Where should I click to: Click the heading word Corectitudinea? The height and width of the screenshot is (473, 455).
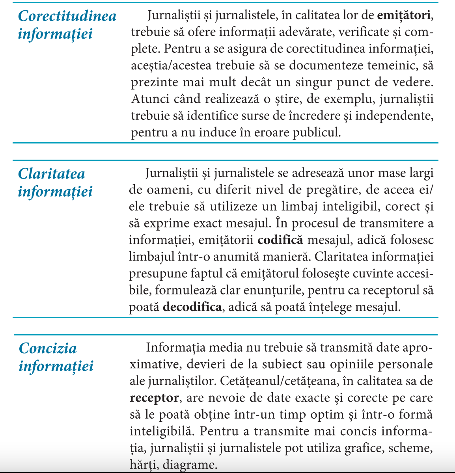click(x=67, y=16)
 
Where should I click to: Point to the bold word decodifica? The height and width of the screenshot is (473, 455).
click(x=192, y=307)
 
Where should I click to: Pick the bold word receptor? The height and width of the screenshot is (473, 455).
click(x=154, y=398)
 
